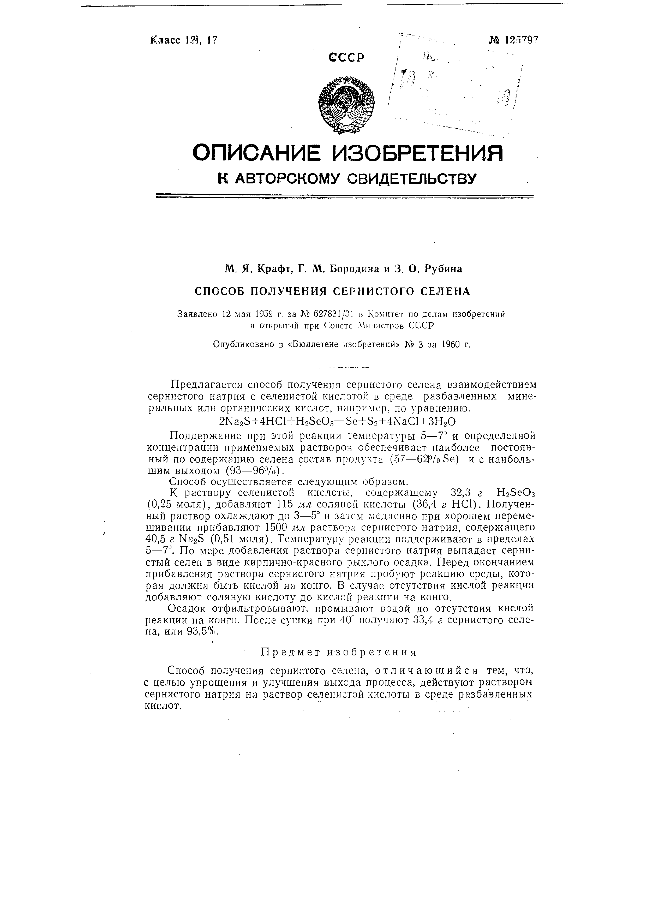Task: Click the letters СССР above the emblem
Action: point(347,58)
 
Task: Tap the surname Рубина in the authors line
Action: point(443,270)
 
